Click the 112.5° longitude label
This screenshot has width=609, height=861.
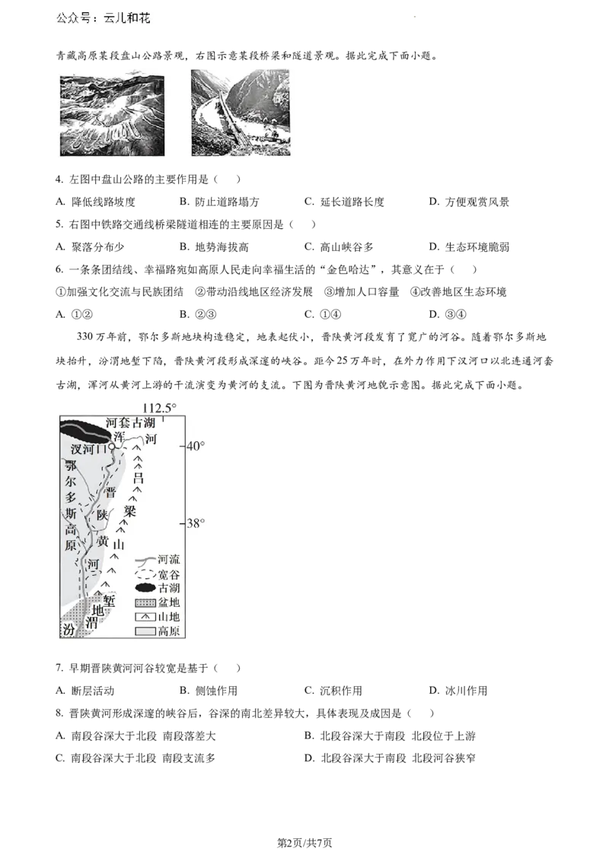pos(159,408)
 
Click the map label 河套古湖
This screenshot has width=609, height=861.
pos(130,423)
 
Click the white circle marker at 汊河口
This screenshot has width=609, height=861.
pos(112,447)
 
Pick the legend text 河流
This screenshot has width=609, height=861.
pos(168,559)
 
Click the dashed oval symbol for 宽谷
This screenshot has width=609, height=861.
pos(145,574)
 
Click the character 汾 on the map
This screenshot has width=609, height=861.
pos(69,631)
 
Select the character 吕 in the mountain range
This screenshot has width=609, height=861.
pos(138,478)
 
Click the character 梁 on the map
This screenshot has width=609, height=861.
pos(130,511)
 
